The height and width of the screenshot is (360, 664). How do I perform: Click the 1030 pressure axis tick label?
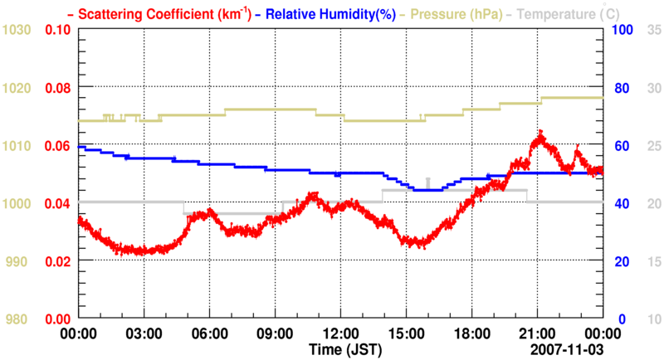click(17, 30)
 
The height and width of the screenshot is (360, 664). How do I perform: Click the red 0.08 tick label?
click(57, 88)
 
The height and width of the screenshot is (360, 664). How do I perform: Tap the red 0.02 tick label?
click(57, 261)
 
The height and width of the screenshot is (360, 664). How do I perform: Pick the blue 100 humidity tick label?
click(623, 30)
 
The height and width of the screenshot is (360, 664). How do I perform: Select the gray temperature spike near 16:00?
click(427, 182)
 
